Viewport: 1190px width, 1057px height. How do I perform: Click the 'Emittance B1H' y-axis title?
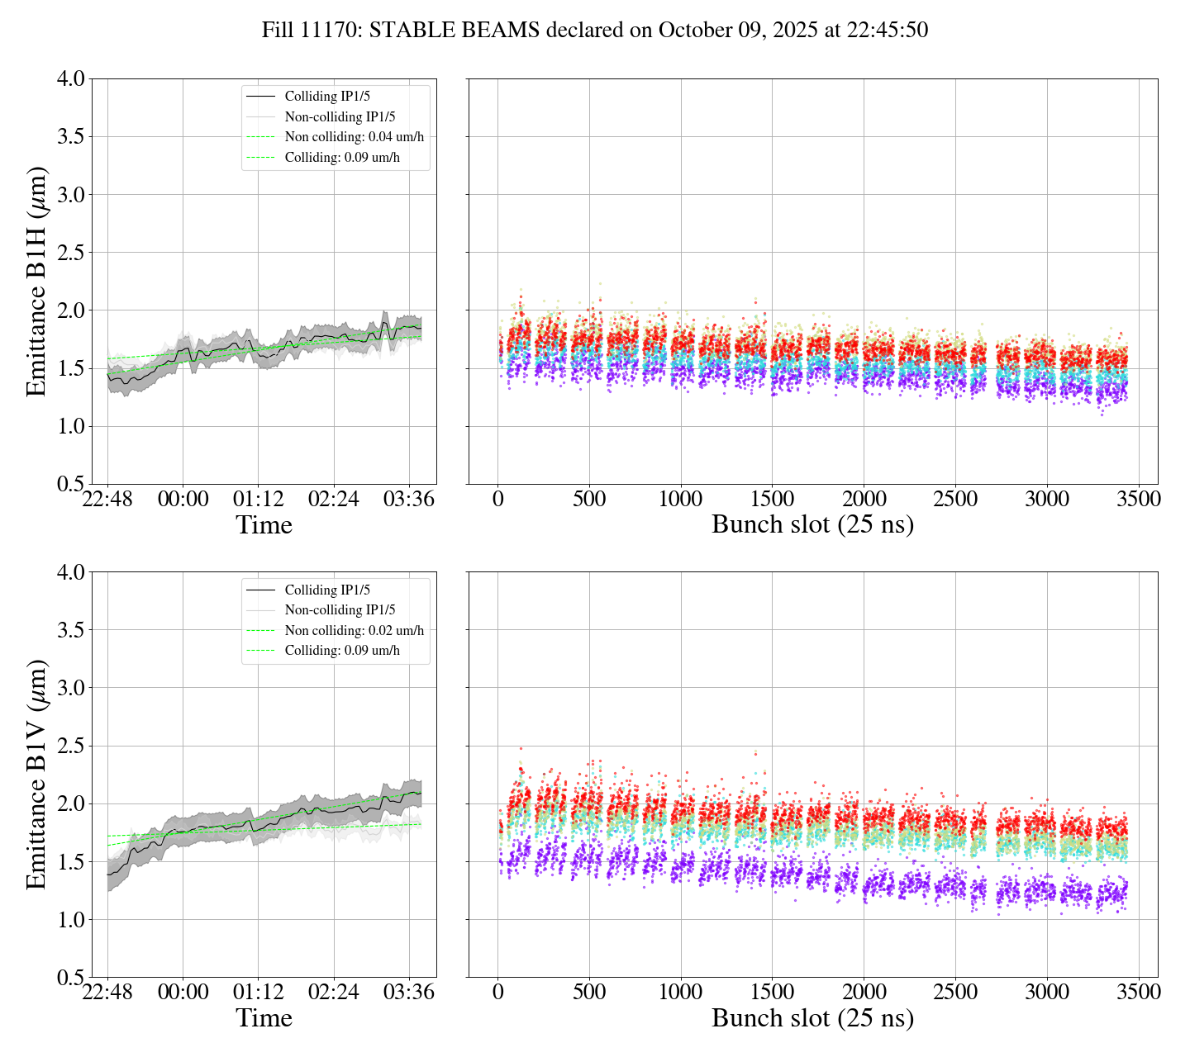coord(36,282)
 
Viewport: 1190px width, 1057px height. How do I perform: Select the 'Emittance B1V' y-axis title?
coord(36,775)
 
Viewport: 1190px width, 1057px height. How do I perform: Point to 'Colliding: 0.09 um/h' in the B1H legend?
coord(342,158)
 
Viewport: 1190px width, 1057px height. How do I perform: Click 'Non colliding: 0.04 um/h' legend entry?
coord(359,137)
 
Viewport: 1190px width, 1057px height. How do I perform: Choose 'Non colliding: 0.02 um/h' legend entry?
coord(354,630)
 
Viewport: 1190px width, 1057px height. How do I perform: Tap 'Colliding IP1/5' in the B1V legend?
coord(327,590)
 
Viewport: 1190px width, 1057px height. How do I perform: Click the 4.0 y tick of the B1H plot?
coord(70,79)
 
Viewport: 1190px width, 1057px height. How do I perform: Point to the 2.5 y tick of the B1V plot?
coord(70,747)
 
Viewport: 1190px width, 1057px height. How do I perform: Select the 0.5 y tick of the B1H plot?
coord(70,484)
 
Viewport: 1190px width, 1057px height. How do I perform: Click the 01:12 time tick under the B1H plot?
coord(258,500)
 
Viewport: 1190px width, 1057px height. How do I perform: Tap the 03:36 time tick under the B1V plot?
coord(409,992)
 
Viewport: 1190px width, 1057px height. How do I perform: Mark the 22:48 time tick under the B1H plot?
coord(107,500)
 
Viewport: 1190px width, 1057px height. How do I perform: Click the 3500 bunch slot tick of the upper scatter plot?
coord(1138,500)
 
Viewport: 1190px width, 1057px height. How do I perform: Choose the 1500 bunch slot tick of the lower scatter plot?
coord(773,992)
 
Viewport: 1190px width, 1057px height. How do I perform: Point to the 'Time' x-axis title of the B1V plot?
coord(264,1018)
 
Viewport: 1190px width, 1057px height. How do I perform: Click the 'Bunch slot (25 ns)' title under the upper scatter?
coord(812,525)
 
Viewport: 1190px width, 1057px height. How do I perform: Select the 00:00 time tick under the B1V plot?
coord(183,992)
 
